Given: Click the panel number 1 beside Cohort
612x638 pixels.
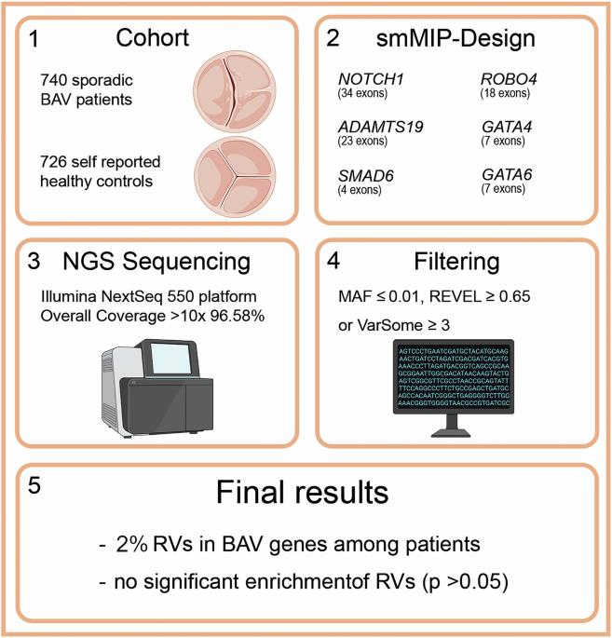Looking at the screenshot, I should (34, 40).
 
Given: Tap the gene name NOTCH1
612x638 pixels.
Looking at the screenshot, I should (370, 81).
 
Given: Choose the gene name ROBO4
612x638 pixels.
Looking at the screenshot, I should (508, 81).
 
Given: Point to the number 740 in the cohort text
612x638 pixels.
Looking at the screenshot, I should (56, 79).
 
